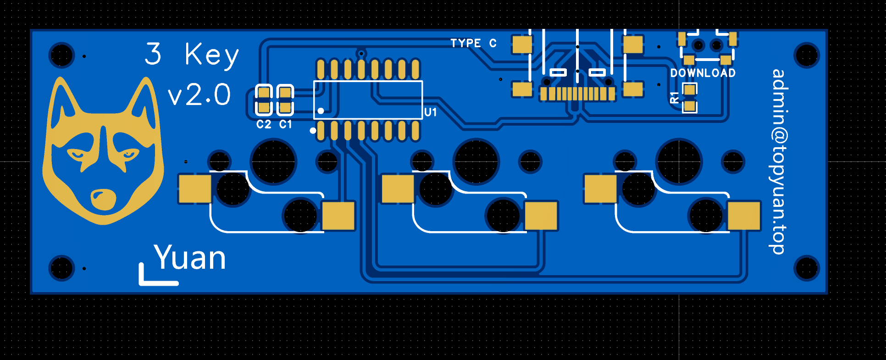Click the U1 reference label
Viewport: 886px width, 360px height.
(430, 112)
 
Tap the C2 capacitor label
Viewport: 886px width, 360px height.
(264, 124)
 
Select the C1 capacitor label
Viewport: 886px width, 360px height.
(286, 124)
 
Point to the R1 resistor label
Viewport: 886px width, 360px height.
(675, 97)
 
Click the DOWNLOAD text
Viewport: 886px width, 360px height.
(703, 73)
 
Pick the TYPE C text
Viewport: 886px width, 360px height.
(473, 44)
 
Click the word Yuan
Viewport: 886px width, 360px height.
(190, 258)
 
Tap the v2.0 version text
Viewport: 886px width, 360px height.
(199, 95)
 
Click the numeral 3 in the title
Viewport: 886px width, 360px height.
(153, 54)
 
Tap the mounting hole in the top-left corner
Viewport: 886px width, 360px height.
(61, 55)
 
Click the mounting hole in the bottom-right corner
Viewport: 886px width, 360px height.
(807, 268)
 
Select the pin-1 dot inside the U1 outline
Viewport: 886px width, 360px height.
(321, 111)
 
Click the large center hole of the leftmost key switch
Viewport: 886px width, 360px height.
(273, 161)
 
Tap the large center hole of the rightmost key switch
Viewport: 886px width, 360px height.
(679, 161)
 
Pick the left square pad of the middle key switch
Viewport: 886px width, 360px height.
(398, 188)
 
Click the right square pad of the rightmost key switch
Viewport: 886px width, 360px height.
(744, 216)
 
